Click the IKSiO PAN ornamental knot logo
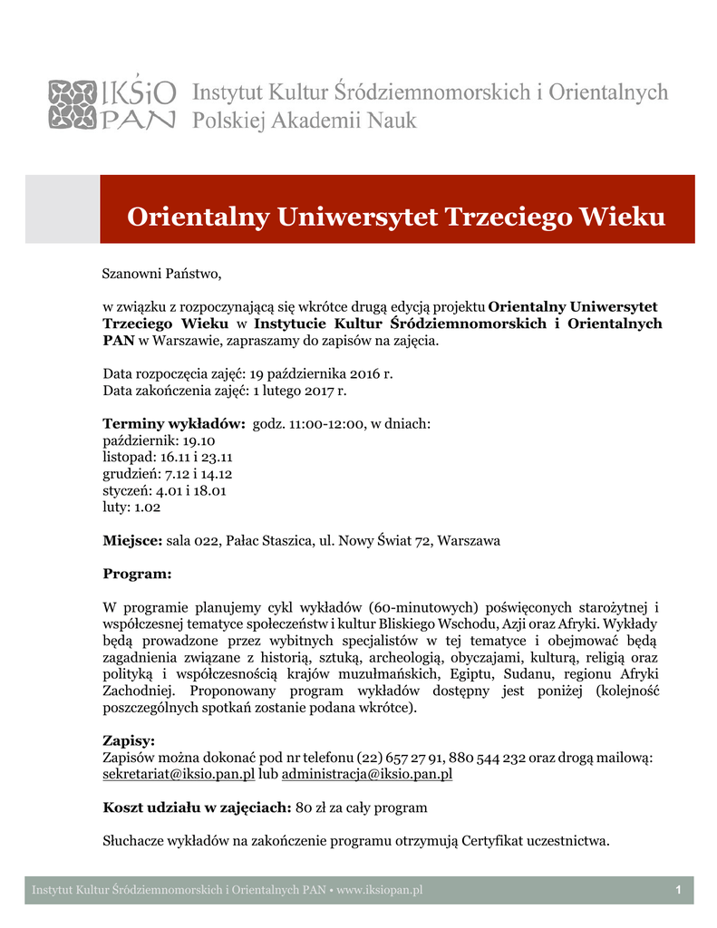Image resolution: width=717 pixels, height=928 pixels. [x=72, y=105]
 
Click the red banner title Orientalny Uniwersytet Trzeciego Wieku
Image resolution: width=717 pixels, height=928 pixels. [x=396, y=217]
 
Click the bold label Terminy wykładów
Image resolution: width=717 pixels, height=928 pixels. [x=174, y=423]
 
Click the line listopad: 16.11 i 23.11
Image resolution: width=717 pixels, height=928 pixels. [x=169, y=457]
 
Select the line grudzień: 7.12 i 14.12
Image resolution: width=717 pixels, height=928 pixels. [x=168, y=474]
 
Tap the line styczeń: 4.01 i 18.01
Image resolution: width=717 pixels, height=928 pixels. [x=164, y=490]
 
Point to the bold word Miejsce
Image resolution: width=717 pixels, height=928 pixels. [x=132, y=541]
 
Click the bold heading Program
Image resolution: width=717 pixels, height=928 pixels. [x=137, y=574]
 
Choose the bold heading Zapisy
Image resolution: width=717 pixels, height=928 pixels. [x=129, y=740]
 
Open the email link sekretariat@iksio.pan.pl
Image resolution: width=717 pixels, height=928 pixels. [x=179, y=774]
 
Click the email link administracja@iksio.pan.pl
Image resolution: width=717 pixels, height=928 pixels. [x=367, y=774]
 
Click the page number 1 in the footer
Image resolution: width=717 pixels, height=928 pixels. [x=678, y=891]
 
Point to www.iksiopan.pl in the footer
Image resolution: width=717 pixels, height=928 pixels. [x=380, y=891]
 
